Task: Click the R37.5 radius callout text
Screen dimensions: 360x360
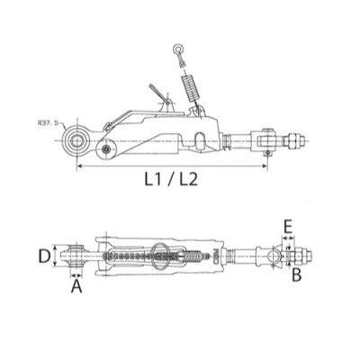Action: (47, 122)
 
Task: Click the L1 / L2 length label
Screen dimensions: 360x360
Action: (171, 180)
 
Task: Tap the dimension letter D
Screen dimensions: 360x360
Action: (44, 256)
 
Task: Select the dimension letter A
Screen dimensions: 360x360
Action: (76, 286)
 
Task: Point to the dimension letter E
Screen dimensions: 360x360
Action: (288, 228)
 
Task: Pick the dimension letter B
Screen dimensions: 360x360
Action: (296, 274)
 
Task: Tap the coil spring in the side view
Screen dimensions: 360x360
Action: (190, 88)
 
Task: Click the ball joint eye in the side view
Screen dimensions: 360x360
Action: (77, 141)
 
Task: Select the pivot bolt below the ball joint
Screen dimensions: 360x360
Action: (105, 148)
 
